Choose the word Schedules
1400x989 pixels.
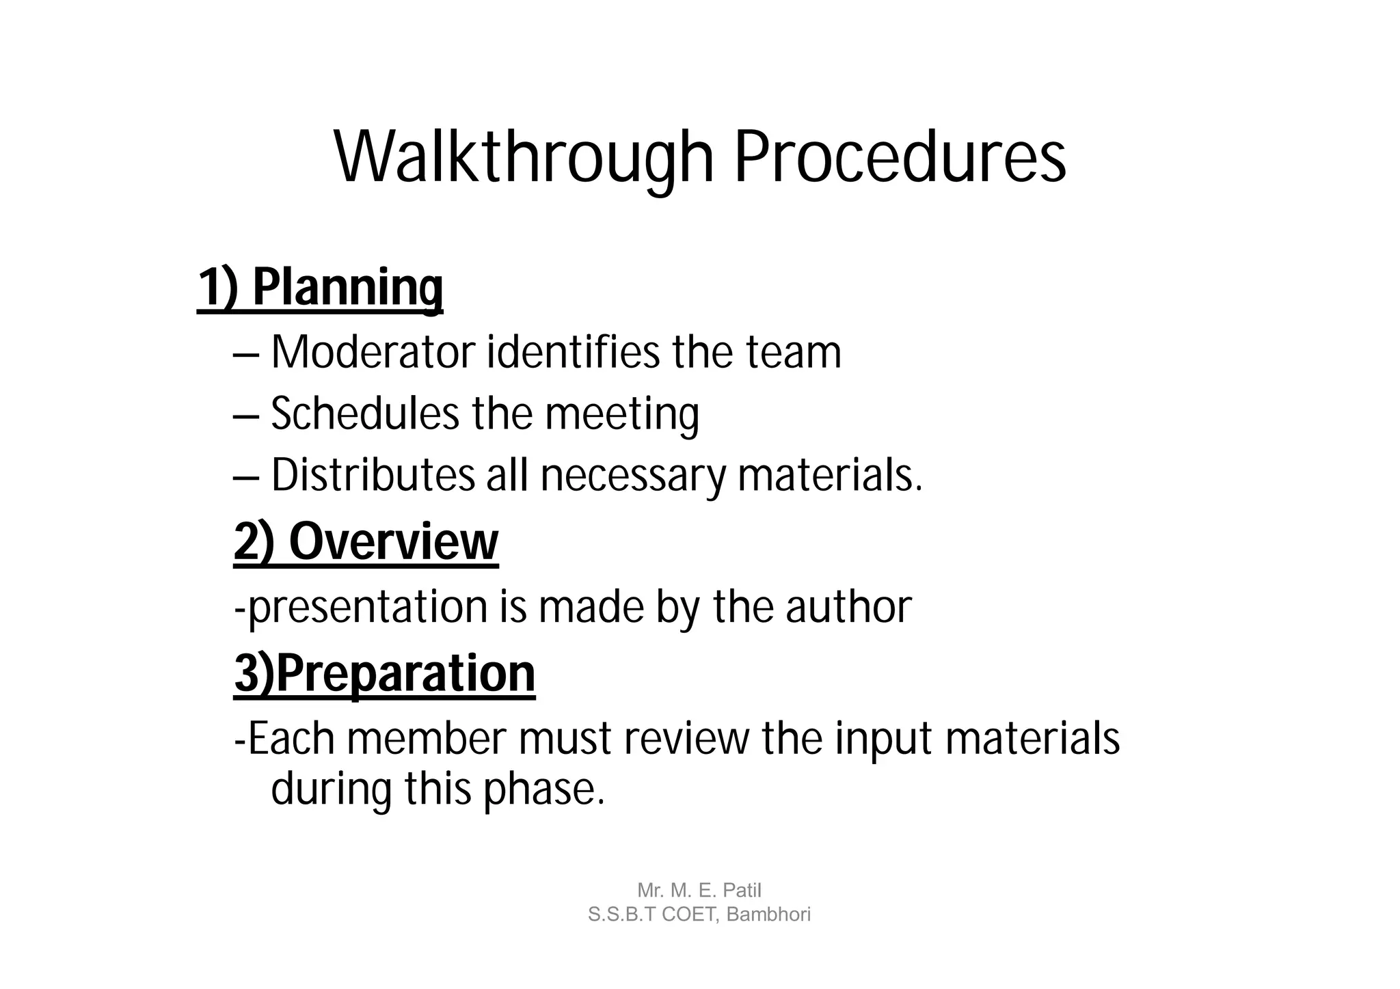click(x=365, y=414)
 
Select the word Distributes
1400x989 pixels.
click(x=373, y=475)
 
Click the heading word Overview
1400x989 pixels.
click(x=394, y=542)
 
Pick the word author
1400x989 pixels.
click(x=848, y=607)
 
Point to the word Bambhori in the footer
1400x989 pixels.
click(x=768, y=915)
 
